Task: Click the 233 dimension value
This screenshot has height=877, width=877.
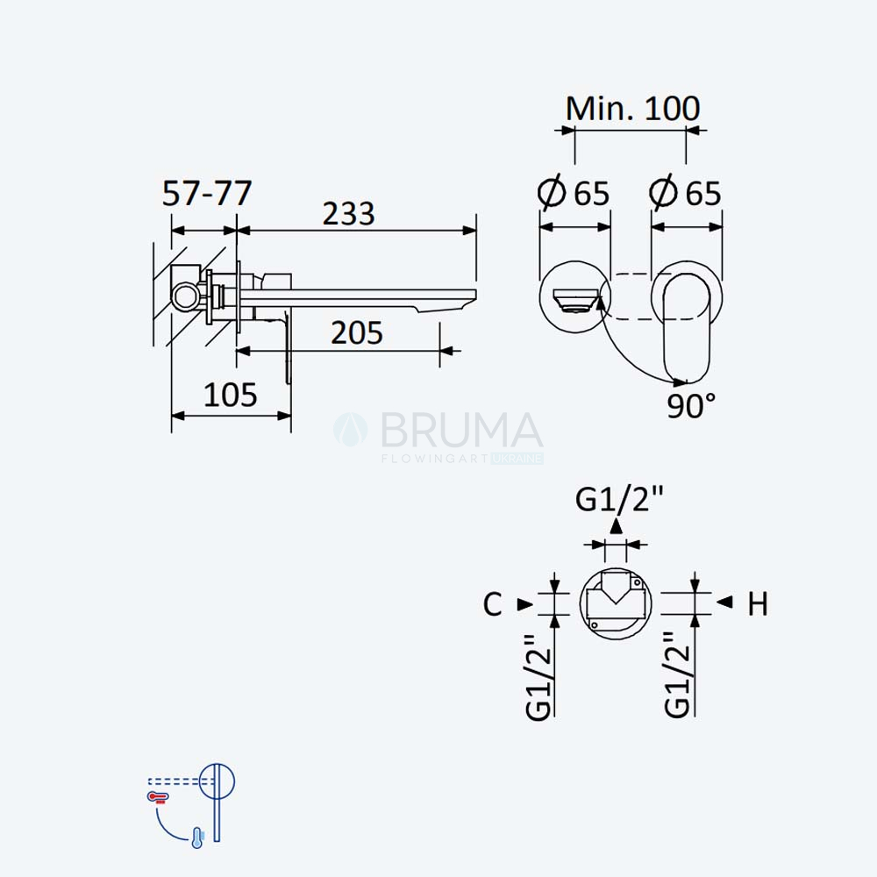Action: (348, 214)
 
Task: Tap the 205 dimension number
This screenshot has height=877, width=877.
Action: (357, 333)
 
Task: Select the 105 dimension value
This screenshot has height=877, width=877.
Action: (231, 395)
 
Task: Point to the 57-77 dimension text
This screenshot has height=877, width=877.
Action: (207, 194)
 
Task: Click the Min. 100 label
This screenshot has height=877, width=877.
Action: (632, 109)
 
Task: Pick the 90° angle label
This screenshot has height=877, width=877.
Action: (691, 405)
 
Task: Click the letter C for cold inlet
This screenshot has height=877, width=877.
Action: (492, 604)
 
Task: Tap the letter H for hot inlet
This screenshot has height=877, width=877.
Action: (758, 604)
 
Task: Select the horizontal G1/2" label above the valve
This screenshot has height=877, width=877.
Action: (619, 499)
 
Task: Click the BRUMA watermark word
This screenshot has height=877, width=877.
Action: (461, 430)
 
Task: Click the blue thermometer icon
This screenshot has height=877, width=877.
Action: (197, 838)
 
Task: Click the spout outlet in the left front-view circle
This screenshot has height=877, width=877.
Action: (575, 300)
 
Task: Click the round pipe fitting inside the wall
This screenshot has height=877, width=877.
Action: (185, 295)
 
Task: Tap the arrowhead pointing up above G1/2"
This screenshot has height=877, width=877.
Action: (616, 525)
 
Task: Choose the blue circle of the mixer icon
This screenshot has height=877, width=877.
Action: (217, 781)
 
